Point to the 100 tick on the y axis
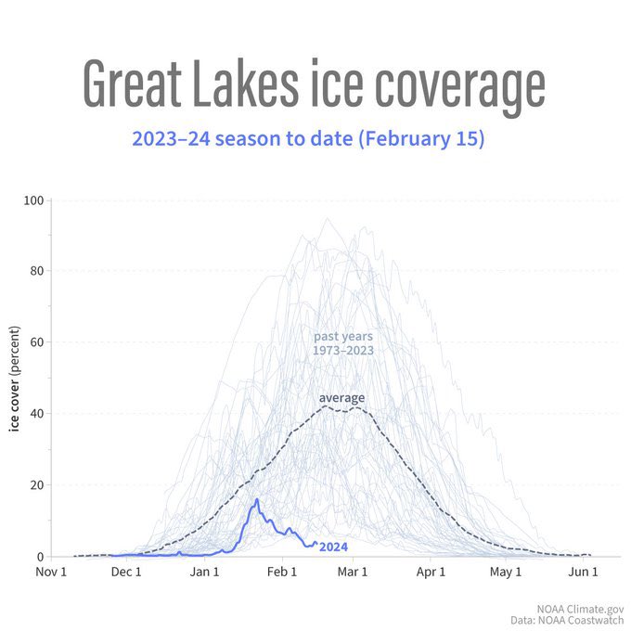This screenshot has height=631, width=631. (35, 200)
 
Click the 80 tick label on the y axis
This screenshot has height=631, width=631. (38, 271)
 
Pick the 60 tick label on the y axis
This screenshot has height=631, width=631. (38, 342)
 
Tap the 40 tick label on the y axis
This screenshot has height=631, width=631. (38, 414)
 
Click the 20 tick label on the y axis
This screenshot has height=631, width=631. (38, 485)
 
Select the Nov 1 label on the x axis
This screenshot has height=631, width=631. (51, 572)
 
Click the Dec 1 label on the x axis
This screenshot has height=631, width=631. (126, 572)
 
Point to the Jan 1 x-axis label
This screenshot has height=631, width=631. (204, 572)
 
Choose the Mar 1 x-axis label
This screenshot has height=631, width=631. (353, 572)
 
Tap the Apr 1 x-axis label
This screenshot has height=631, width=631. (431, 572)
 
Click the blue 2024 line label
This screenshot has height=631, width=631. (333, 547)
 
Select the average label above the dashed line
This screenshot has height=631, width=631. (341, 398)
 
